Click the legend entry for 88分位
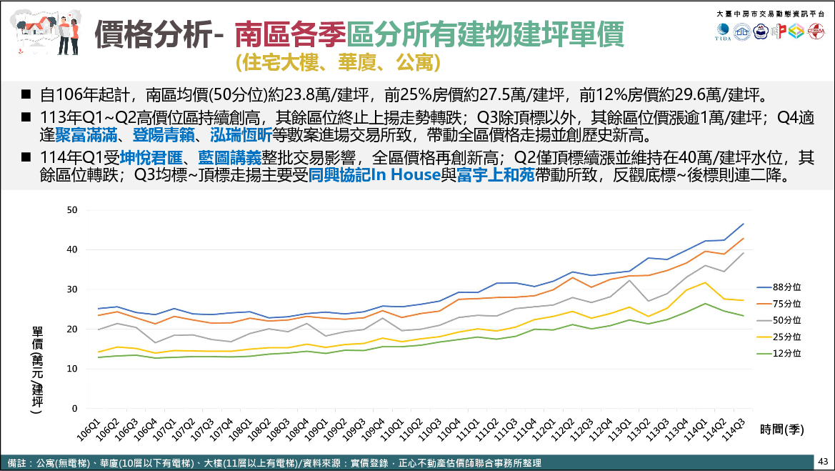(x=786, y=287)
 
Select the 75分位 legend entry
(x=786, y=304)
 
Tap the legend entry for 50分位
(x=786, y=320)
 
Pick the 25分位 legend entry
(x=786, y=337)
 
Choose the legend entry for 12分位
(x=786, y=353)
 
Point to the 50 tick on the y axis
(x=71, y=209)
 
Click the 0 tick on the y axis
(x=74, y=409)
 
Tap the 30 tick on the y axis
(x=71, y=289)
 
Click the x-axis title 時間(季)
(x=782, y=430)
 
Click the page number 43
(x=823, y=461)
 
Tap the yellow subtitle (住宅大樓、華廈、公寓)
(x=336, y=63)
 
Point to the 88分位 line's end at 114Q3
(x=744, y=224)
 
